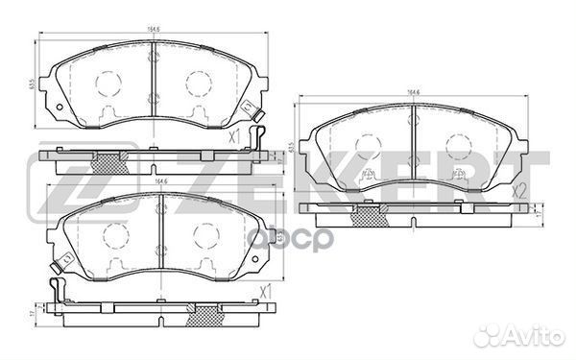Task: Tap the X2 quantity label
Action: (521, 191)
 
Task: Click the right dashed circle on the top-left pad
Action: (199, 84)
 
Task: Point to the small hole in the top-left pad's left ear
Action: (60, 107)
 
